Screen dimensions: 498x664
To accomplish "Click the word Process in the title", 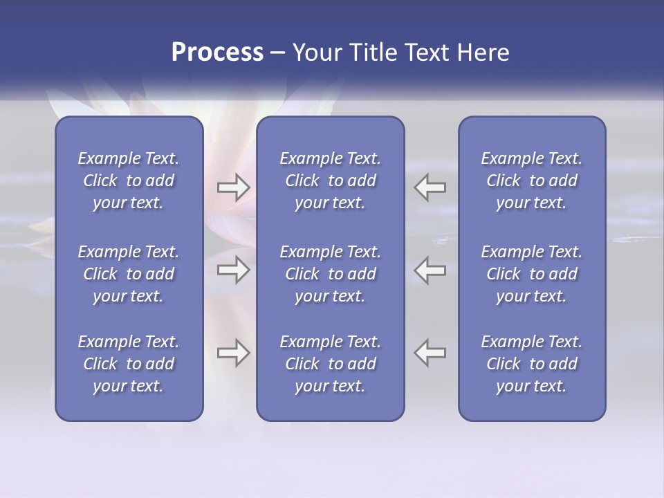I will pyautogui.click(x=217, y=53).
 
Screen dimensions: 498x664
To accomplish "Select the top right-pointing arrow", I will pyautogui.click(x=233, y=187).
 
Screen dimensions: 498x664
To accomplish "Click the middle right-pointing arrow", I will pyautogui.click(x=233, y=270).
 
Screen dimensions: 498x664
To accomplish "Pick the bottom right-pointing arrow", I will pyautogui.click(x=233, y=353).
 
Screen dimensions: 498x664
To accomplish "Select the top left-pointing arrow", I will pyautogui.click(x=430, y=187).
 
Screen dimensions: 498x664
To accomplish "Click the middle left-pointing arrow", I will pyautogui.click(x=430, y=270).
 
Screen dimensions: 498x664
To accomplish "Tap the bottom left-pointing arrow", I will pyautogui.click(x=430, y=353).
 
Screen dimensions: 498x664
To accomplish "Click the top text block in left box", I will pyautogui.click(x=129, y=181).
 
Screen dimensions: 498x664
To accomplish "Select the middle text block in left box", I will pyautogui.click(x=129, y=274).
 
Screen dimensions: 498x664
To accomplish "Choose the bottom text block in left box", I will pyautogui.click(x=129, y=364).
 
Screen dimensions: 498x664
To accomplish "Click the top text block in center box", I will pyautogui.click(x=330, y=181).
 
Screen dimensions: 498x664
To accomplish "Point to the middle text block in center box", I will pyautogui.click(x=330, y=274).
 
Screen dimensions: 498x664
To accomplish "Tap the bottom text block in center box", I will pyautogui.click(x=330, y=364).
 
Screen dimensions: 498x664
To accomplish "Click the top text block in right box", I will pyautogui.click(x=531, y=181).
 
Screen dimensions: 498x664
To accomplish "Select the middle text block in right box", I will pyautogui.click(x=531, y=274).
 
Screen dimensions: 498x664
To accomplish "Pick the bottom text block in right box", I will pyautogui.click(x=531, y=364).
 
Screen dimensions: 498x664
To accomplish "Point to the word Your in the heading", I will pyautogui.click(x=315, y=53).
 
